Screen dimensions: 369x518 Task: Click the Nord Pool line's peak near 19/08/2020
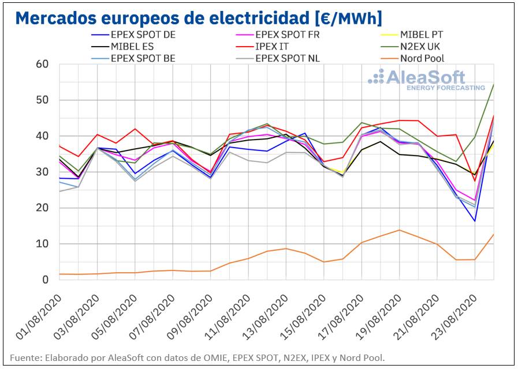(x=399, y=230)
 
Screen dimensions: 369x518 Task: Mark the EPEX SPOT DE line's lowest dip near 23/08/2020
(x=475, y=221)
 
